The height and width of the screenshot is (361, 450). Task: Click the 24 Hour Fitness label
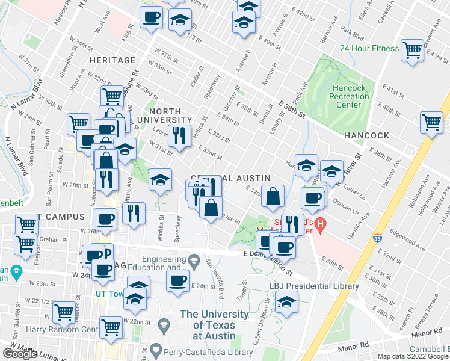369,49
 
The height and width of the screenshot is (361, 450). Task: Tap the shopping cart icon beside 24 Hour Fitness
412,50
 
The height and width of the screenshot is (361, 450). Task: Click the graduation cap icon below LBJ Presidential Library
287,302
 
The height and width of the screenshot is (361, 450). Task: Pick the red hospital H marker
321,226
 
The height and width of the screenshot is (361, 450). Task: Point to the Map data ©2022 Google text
413,356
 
